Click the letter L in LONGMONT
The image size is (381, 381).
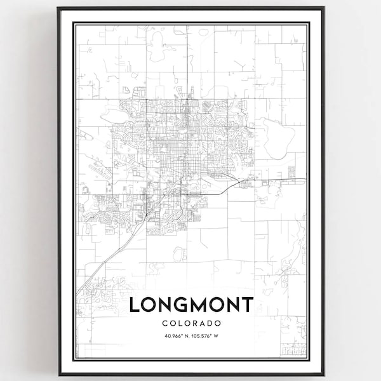point(135,305)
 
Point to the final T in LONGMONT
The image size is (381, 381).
point(247,305)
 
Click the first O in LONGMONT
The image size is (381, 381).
point(150,305)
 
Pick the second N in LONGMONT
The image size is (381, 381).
point(232,305)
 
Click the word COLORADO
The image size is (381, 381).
point(191,323)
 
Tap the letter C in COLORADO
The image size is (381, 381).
point(164,323)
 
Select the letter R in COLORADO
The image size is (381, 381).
point(195,323)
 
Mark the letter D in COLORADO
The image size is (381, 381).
point(210,323)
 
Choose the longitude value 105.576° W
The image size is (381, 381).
point(206,336)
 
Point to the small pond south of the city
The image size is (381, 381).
point(178,253)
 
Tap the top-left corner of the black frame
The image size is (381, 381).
point(58,8)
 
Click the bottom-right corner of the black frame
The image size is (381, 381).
point(323,374)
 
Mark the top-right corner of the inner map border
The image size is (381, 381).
point(308,23)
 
